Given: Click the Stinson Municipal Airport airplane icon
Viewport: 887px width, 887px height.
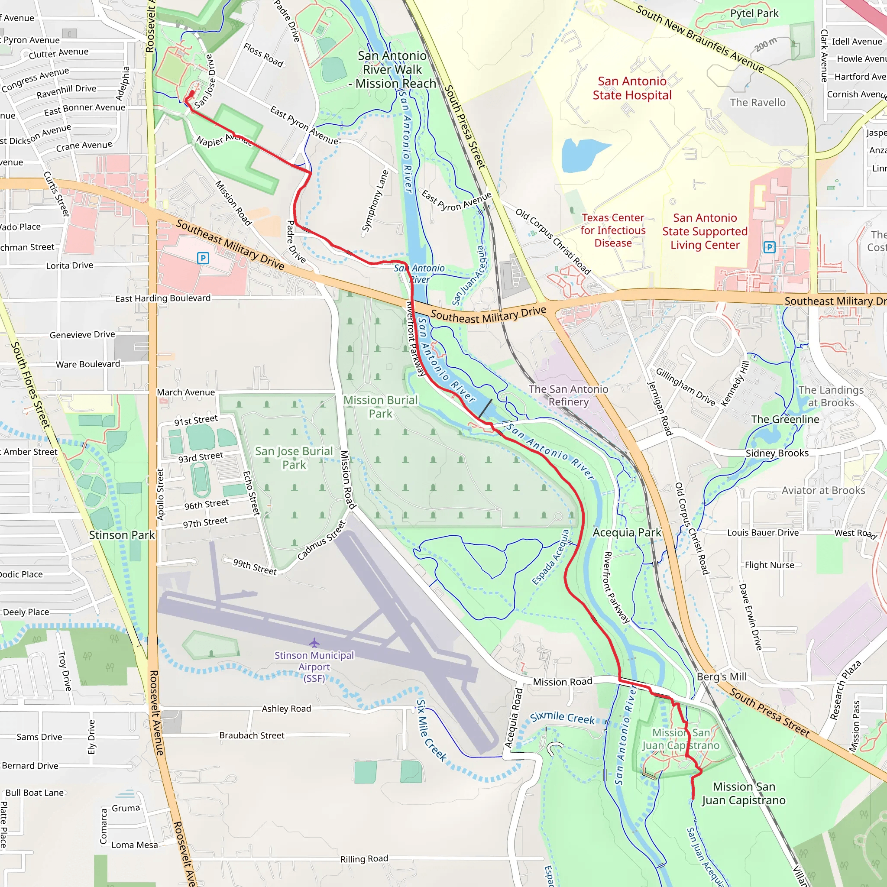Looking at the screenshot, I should tap(314, 642).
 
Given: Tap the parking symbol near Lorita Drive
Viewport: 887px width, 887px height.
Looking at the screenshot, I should tap(203, 258).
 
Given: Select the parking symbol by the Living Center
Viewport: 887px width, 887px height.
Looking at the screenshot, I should tap(770, 247).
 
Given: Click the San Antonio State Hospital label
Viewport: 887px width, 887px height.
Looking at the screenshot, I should tap(632, 88).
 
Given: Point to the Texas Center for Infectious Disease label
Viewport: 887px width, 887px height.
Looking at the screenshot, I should tap(613, 230).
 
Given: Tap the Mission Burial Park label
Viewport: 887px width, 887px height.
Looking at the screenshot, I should tap(381, 407).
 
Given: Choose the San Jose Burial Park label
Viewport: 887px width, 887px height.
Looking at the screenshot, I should tap(294, 458).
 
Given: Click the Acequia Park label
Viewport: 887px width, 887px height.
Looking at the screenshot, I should tap(627, 533).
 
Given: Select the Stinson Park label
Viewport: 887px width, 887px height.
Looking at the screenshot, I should tap(122, 535).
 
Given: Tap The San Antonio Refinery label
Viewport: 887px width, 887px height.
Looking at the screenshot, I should tap(568, 395).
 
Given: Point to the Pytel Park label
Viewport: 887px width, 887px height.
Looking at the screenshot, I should tap(754, 13).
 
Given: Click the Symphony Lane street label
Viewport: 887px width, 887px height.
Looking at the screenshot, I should tap(375, 201).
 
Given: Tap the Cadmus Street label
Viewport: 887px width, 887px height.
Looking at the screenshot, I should tap(321, 541).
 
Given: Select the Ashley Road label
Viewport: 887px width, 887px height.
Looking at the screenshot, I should tap(286, 709).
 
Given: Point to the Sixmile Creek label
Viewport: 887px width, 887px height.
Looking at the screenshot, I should tap(563, 718).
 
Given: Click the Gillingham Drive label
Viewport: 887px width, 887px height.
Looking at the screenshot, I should tap(686, 387).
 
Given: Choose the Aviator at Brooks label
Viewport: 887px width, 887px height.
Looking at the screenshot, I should tap(823, 491).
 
